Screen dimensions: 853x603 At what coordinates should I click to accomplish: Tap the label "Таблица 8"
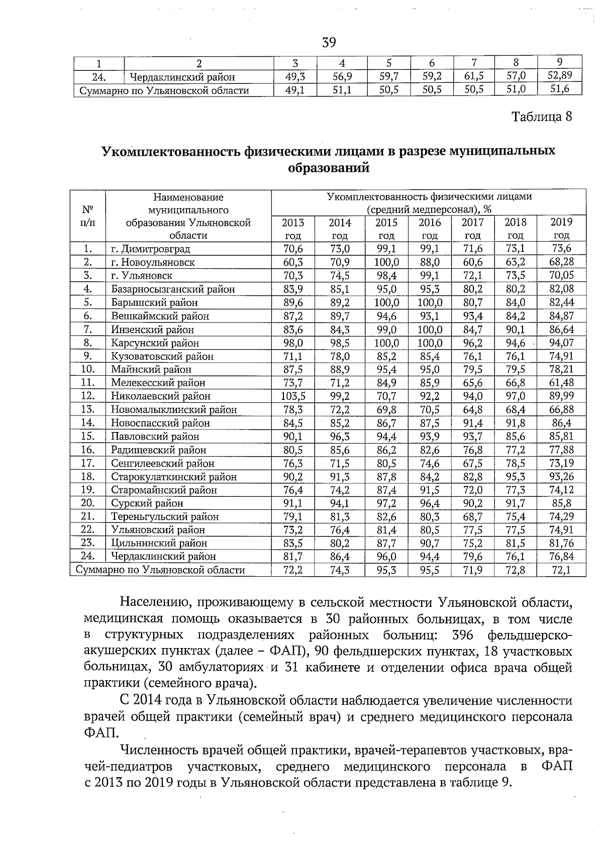tap(541, 117)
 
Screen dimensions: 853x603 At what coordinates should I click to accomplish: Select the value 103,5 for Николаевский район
tap(293, 396)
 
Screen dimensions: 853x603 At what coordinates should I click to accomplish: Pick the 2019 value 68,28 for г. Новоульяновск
tap(561, 262)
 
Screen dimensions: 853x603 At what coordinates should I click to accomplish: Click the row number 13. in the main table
tap(88, 409)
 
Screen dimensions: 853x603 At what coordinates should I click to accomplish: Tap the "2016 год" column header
tap(430, 229)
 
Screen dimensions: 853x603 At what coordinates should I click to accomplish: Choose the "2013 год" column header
tap(293, 229)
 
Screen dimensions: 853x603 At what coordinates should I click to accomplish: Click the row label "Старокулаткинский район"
tap(173, 477)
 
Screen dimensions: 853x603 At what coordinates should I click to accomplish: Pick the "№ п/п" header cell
tap(88, 216)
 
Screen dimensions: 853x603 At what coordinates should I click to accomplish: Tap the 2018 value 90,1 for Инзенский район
tap(515, 330)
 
